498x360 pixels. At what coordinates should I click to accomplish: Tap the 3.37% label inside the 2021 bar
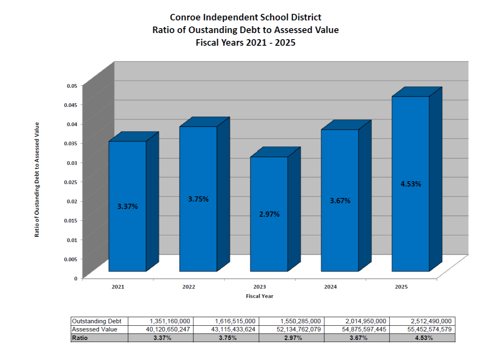pos(128,207)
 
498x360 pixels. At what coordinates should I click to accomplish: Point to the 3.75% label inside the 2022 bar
pos(198,199)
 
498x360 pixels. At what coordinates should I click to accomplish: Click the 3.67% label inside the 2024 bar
pos(340,201)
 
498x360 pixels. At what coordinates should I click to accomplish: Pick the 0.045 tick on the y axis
pos(72,104)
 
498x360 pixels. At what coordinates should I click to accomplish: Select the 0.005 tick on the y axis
pos(72,259)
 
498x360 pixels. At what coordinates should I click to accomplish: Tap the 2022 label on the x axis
pos(189,287)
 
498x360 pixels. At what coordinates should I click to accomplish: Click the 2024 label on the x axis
pos(330,287)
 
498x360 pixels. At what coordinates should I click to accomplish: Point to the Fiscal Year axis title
pos(259,296)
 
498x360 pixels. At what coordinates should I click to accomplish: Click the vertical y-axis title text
pos(37,180)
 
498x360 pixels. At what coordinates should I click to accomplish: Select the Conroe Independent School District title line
pos(246,18)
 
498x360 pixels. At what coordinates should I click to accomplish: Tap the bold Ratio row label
pos(80,338)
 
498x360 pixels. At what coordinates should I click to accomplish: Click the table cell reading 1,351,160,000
pos(168,321)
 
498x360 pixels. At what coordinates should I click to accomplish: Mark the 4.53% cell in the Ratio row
pos(423,338)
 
